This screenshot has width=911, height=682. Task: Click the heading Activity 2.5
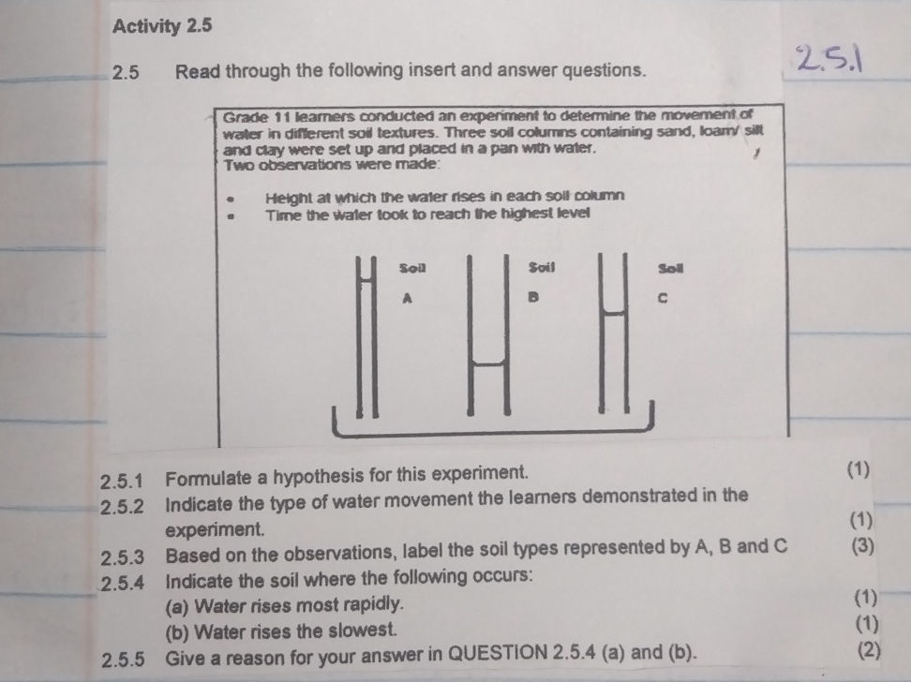162,26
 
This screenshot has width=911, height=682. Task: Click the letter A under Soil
407,299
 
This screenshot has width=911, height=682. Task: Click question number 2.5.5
126,657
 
